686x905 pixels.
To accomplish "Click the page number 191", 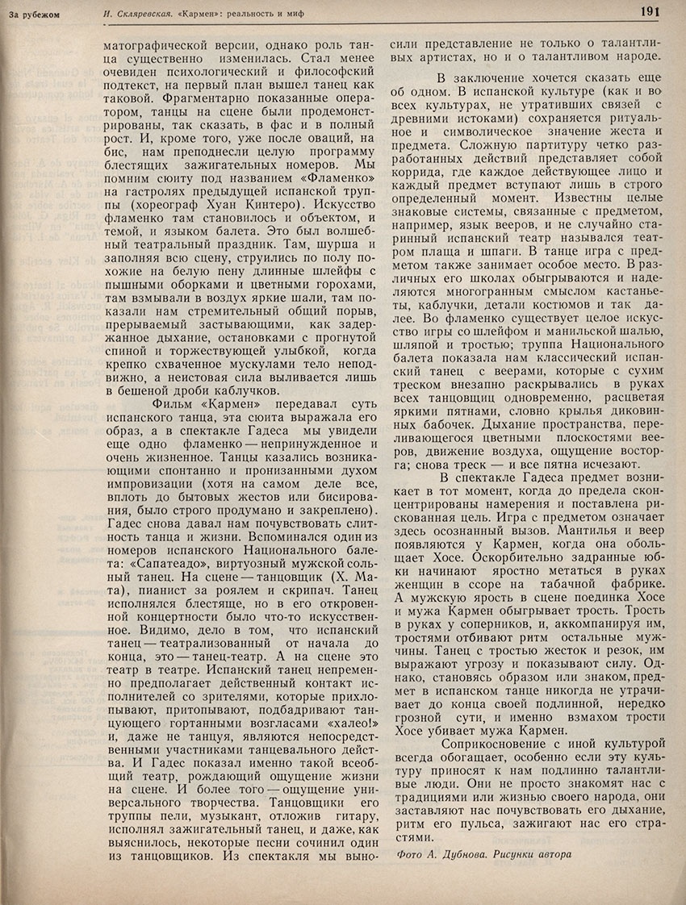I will (x=651, y=10).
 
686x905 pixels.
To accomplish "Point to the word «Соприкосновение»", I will (x=482, y=740).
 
